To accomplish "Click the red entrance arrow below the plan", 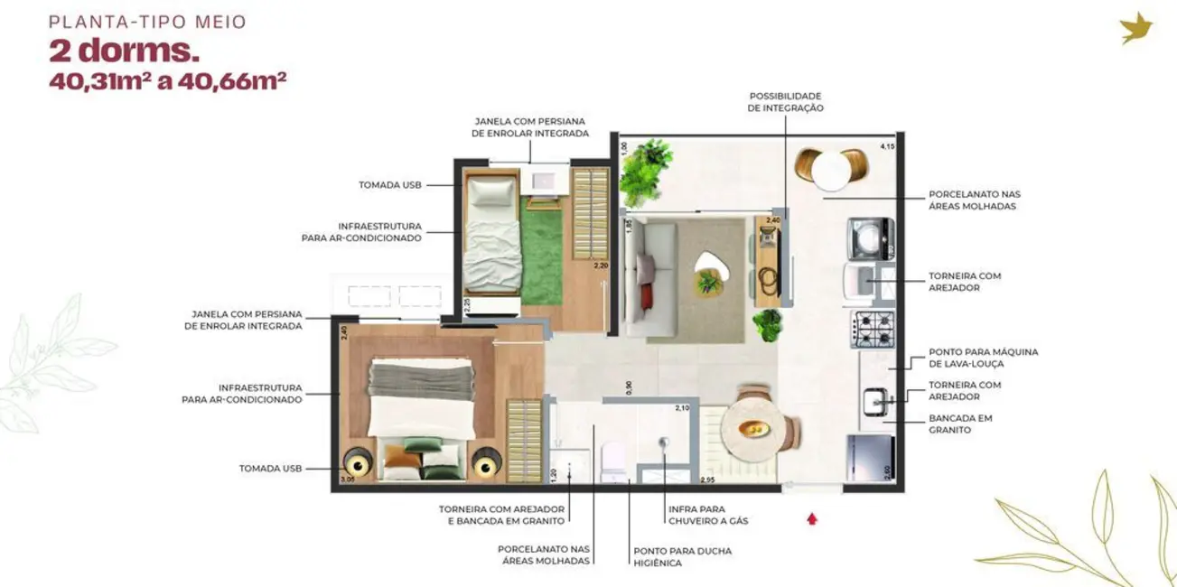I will pos(812,519).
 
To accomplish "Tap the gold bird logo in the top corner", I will pos(1135,28).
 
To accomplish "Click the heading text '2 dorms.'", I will pos(124,51).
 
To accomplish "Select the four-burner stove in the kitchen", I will pos(872,329).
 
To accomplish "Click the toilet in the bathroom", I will pos(612,460).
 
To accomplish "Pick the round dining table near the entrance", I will pos(753,429).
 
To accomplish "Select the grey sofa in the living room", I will pos(648,279).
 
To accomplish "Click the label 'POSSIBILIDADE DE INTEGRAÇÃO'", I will pos(785,102).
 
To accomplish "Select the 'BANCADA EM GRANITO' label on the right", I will pos(960,424).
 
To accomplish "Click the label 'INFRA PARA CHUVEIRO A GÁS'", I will pos(708,515).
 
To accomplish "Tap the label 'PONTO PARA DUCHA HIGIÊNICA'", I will pos(682,555).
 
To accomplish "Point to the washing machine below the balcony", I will pos(871,238).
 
